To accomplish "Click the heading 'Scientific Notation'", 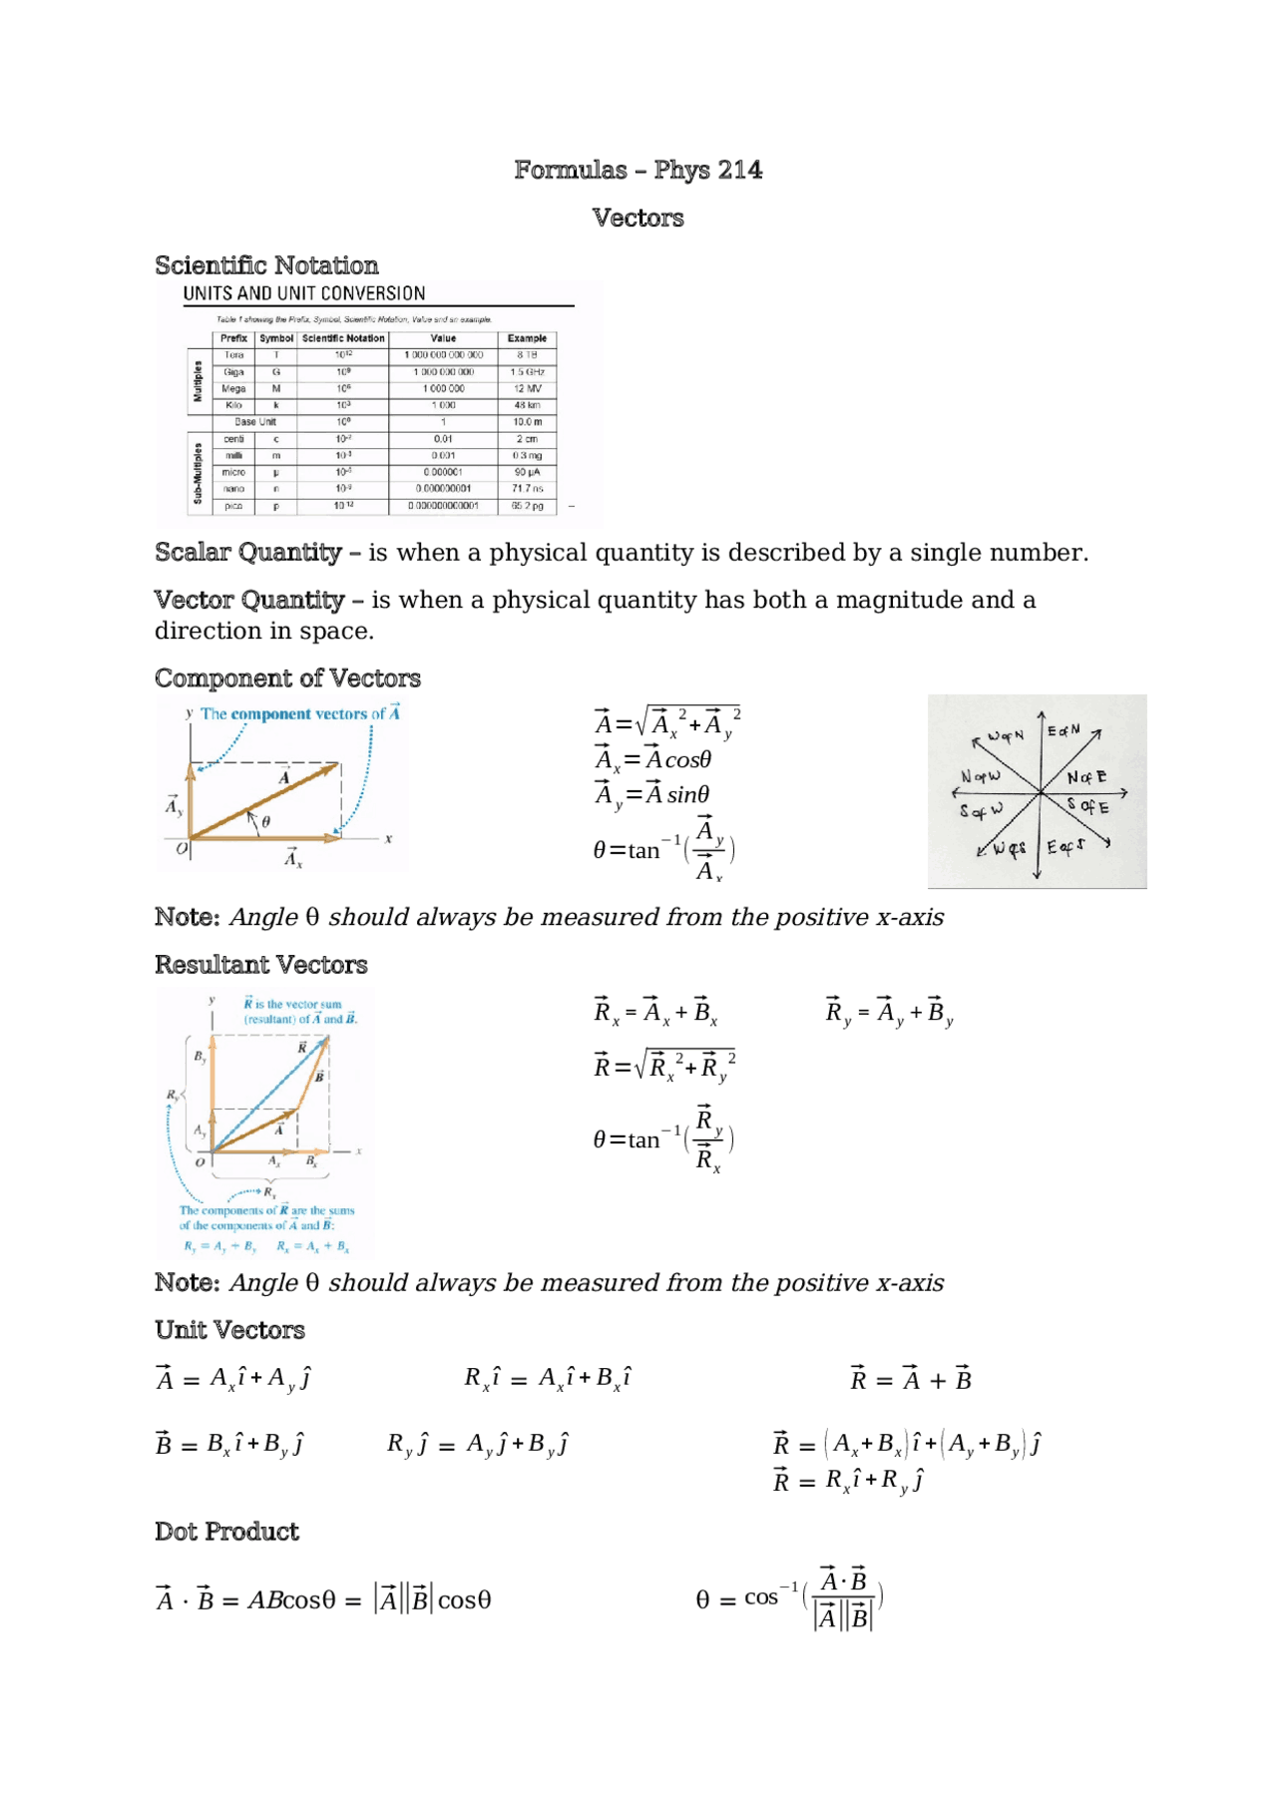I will tap(266, 265).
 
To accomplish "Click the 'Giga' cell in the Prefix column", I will tap(233, 372).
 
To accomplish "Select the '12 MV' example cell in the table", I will tap(527, 389).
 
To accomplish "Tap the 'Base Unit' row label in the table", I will tap(255, 422).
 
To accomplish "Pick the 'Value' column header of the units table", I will tap(443, 338).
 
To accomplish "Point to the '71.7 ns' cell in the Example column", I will tap(527, 489).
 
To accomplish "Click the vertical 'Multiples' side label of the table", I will tap(198, 380).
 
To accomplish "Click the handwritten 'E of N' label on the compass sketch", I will tap(1064, 731).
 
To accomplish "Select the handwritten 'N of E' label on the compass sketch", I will tap(1086, 777).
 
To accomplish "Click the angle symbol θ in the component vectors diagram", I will tap(265, 821).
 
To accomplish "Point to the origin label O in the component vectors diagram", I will tap(182, 849).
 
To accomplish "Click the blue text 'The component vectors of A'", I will tap(299, 714).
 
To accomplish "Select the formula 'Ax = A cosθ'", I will tap(653, 760).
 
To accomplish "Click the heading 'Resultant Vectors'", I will tap(261, 965).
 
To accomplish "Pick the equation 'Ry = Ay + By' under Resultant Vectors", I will tap(889, 1013).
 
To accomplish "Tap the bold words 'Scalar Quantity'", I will tap(248, 553).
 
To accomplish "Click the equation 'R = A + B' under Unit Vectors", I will tap(910, 1379).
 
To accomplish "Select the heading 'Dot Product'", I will tap(226, 1532).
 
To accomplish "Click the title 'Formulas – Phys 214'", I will tap(638, 171).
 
